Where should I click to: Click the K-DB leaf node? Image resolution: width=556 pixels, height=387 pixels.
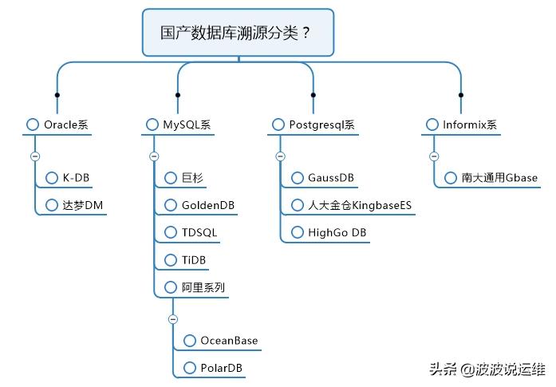(x=76, y=177)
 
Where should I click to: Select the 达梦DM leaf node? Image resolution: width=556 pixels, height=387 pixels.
(x=83, y=205)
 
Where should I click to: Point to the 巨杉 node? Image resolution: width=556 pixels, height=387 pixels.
(x=188, y=177)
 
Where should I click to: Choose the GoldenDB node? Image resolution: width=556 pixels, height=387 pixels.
(x=206, y=205)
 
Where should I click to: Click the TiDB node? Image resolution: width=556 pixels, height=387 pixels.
(x=192, y=260)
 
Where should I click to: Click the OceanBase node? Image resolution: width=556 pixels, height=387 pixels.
(x=228, y=340)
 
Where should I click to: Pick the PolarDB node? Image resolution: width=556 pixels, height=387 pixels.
(x=220, y=368)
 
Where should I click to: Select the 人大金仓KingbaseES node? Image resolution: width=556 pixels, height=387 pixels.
(x=360, y=205)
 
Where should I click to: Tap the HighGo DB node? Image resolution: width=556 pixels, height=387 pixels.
(x=337, y=232)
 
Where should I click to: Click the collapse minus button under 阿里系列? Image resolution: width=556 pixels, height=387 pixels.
(x=173, y=319)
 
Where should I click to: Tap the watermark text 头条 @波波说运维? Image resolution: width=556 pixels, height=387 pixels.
(x=487, y=369)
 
